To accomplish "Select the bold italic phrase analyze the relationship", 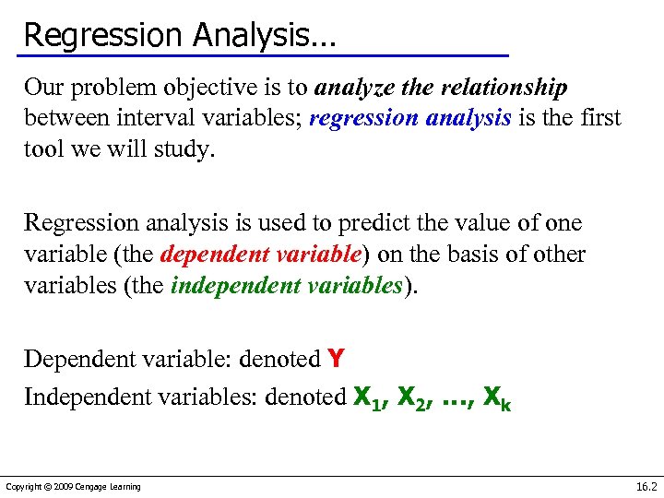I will [x=442, y=89].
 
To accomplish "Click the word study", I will [x=184, y=148].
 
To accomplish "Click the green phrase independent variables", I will [x=288, y=284].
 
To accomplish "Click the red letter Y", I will [x=337, y=358].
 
